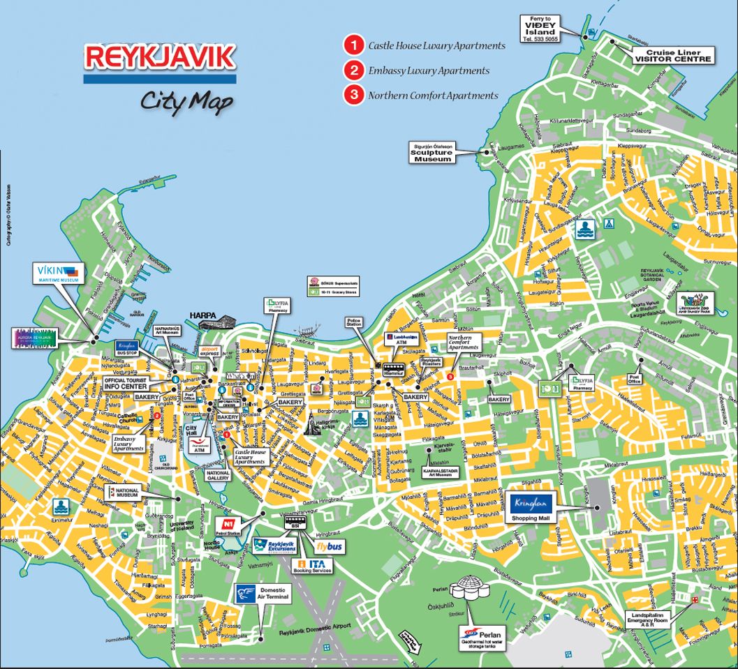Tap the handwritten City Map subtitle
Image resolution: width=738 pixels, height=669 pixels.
[186, 101]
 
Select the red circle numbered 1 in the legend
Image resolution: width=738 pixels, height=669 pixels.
[354, 46]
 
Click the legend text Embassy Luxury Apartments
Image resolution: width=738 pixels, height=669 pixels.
[429, 70]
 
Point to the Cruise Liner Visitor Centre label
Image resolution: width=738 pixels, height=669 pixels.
[672, 56]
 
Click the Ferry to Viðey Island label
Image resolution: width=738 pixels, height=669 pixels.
[540, 28]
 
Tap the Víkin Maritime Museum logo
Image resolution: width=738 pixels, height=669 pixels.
[59, 272]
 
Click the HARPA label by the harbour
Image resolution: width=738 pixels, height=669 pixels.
[201, 314]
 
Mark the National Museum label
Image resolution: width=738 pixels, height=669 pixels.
[124, 492]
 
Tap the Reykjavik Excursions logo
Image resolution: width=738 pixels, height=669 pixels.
[274, 546]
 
